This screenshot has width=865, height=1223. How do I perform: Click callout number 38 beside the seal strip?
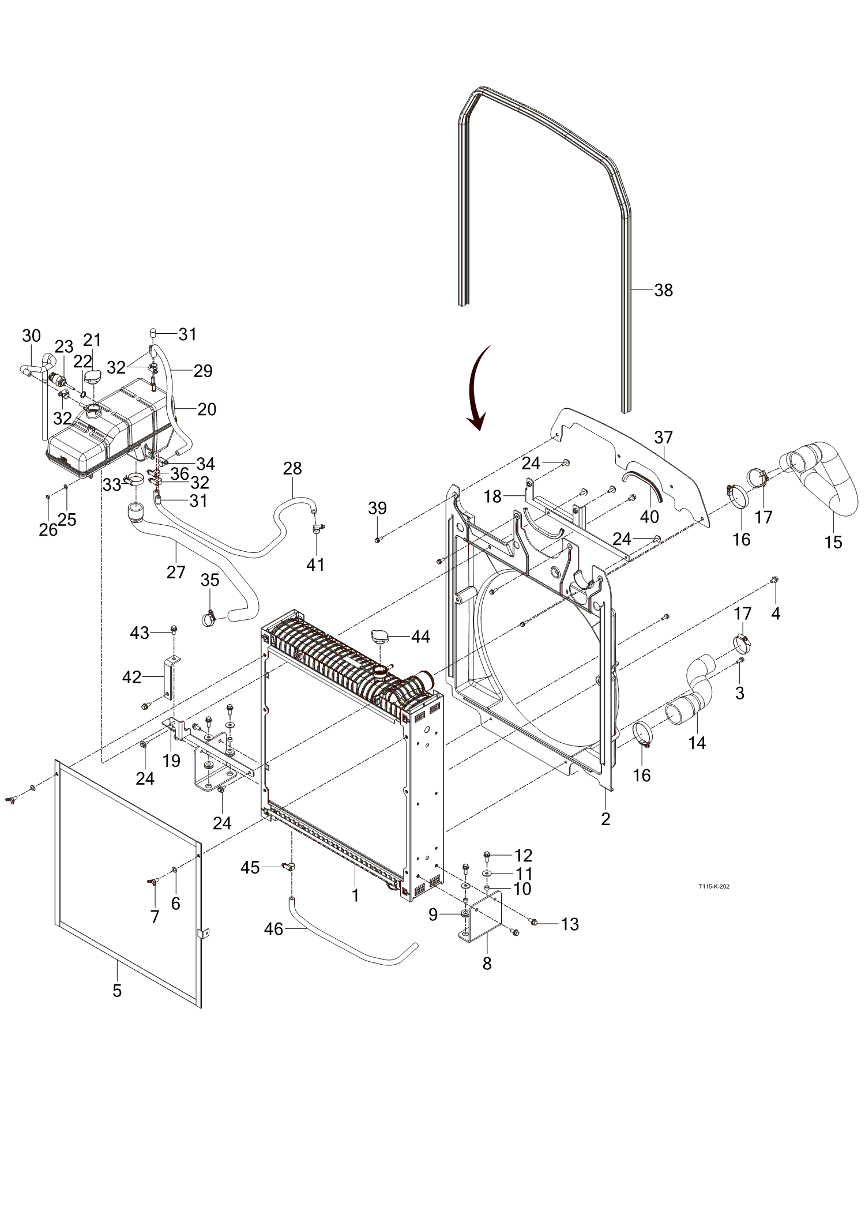click(664, 290)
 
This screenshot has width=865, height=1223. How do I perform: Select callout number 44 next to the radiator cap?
click(420, 637)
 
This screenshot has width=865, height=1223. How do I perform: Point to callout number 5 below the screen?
click(117, 991)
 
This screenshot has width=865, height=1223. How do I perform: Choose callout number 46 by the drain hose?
click(274, 929)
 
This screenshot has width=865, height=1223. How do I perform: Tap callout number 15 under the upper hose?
click(833, 542)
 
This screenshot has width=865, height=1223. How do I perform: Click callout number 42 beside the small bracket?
click(131, 677)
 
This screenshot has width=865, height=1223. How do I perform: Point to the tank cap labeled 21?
click(92, 376)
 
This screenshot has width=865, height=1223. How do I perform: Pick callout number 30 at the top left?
click(32, 336)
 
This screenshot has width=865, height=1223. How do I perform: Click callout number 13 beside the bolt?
click(570, 924)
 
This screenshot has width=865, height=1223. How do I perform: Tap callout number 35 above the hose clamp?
click(210, 580)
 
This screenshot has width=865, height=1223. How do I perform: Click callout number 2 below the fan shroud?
click(605, 818)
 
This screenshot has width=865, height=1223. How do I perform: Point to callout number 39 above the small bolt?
click(377, 508)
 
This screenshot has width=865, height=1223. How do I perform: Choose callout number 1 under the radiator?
click(356, 895)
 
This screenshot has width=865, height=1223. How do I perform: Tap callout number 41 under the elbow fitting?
click(315, 565)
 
